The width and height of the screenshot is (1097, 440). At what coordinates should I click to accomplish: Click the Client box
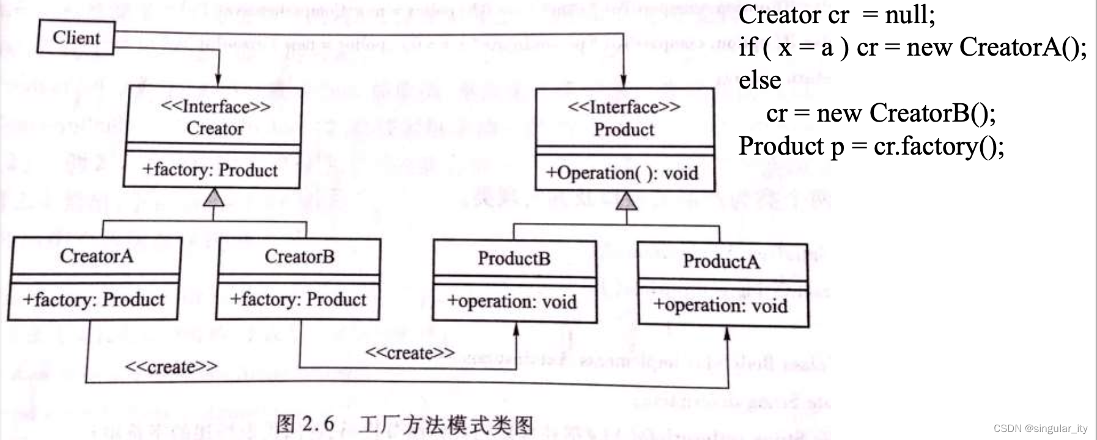(x=76, y=37)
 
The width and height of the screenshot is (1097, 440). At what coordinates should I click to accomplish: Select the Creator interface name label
(x=215, y=128)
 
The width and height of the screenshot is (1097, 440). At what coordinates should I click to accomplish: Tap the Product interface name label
(x=624, y=130)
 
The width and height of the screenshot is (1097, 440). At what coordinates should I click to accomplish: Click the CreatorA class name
(x=96, y=255)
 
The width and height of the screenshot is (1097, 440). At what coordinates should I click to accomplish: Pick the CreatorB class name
(x=299, y=256)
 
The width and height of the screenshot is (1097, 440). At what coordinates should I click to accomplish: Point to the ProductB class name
(x=514, y=258)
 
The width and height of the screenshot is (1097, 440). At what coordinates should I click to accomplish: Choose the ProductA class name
(x=721, y=262)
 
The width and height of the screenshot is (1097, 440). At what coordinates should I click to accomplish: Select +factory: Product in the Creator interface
(x=210, y=169)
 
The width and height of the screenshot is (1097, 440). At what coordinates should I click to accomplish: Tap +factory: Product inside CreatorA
(x=94, y=299)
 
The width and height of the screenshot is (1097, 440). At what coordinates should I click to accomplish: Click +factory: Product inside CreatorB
(x=298, y=299)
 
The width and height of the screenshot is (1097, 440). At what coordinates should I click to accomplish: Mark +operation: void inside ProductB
(x=512, y=301)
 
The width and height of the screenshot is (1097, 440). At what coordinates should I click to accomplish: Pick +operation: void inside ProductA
(x=720, y=304)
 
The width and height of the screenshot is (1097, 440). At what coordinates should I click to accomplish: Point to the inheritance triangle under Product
(x=626, y=200)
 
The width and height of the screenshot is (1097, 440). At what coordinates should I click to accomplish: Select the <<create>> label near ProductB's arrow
(x=410, y=353)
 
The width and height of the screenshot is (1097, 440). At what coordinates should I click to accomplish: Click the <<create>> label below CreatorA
(x=171, y=367)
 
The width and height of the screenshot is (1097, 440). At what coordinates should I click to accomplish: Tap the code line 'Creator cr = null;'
(x=837, y=15)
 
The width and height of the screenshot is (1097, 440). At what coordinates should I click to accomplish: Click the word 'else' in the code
(x=759, y=80)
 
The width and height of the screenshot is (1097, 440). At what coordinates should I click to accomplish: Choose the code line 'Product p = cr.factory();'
(x=871, y=146)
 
